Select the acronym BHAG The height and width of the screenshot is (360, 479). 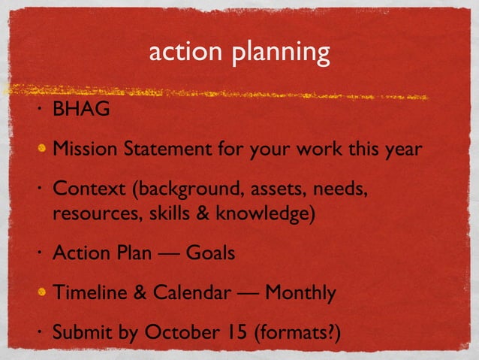click(x=81, y=110)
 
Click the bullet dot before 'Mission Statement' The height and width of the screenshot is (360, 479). click(x=44, y=148)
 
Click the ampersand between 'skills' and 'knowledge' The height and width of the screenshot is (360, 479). click(x=201, y=213)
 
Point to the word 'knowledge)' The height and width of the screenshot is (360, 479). click(x=265, y=213)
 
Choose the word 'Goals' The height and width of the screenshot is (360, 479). click(x=211, y=253)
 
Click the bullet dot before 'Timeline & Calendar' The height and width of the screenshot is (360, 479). click(x=44, y=292)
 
